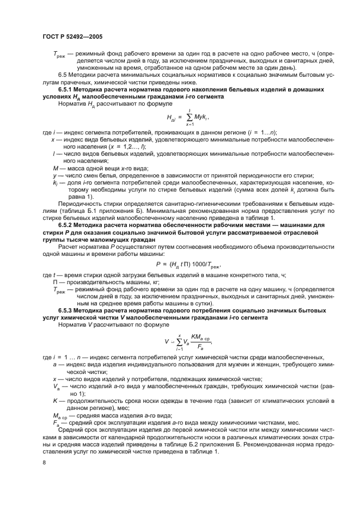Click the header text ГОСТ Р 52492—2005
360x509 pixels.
point(72,36)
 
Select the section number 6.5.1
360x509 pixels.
point(65,89)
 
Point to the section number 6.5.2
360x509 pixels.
point(65,224)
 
